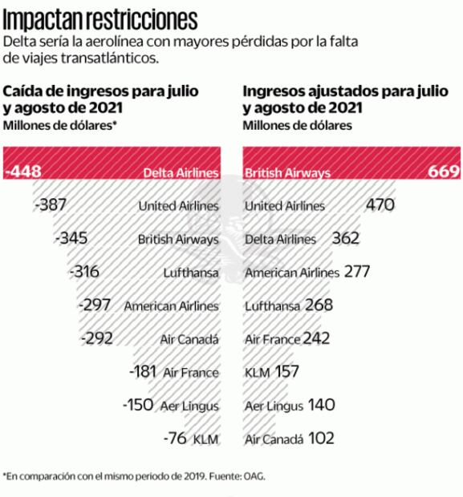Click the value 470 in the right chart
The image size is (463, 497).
click(381, 205)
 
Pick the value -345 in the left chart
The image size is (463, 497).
click(72, 239)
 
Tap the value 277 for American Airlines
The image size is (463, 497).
click(356, 273)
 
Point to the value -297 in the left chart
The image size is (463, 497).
click(96, 305)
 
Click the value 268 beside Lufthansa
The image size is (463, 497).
click(319, 305)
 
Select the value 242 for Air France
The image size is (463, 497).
click(316, 338)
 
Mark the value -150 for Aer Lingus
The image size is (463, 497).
click(138, 405)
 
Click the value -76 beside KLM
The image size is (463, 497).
click(176, 438)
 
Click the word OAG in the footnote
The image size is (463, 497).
click(254, 476)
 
